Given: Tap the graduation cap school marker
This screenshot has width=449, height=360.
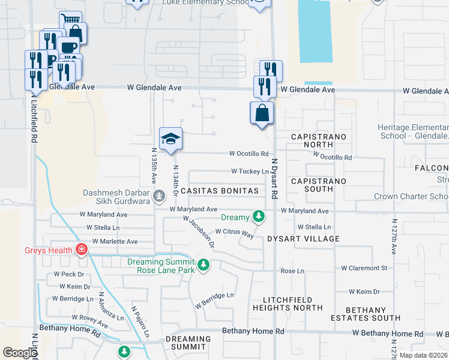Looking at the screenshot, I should [x=171, y=139].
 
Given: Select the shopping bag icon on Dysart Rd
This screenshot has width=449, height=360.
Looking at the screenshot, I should [x=262, y=113].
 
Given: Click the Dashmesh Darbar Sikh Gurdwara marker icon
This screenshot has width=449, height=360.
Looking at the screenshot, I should [x=159, y=196].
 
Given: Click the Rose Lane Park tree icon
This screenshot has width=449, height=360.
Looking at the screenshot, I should [x=203, y=265].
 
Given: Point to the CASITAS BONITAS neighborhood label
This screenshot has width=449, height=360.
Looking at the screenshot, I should [x=223, y=191].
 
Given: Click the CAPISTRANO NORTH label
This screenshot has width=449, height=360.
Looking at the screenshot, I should [x=319, y=141].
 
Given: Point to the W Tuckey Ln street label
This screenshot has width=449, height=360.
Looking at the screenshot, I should [x=250, y=172].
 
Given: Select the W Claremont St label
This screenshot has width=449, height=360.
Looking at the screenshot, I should [x=364, y=268].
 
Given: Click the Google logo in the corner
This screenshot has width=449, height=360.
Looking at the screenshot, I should [x=19, y=353].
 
